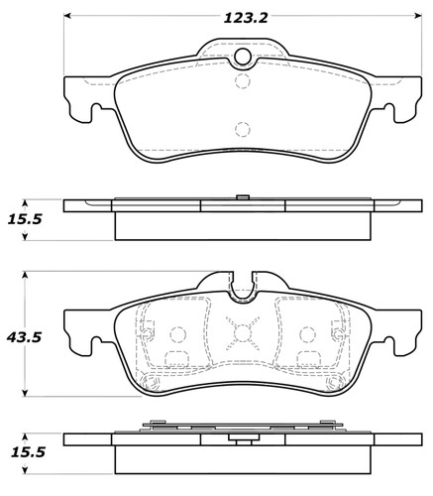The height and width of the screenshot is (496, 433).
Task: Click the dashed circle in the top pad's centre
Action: [241, 128]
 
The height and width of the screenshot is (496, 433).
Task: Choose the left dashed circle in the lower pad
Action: [179, 334]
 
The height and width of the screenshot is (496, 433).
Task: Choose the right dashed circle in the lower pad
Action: [302, 334]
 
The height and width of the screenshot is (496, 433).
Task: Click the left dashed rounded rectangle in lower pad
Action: [177, 358]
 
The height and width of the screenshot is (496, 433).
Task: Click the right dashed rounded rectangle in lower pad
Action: [304, 358]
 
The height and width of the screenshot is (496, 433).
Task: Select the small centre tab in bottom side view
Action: [241, 438]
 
